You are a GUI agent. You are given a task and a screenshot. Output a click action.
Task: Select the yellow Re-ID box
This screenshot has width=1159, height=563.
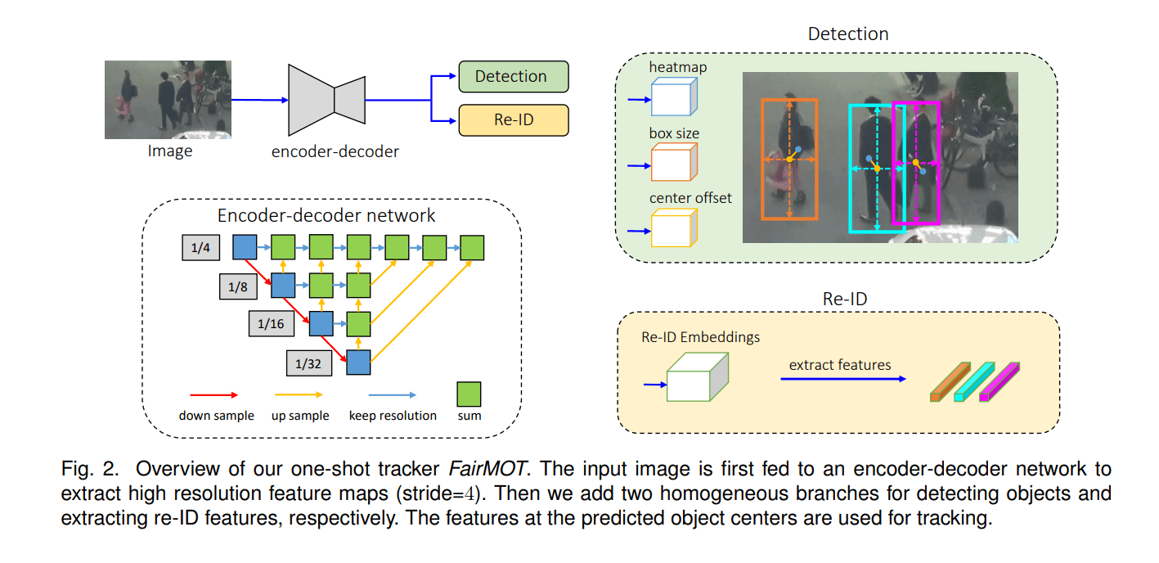click(513, 119)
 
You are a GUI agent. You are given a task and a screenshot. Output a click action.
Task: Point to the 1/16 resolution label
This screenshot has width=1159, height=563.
click(271, 324)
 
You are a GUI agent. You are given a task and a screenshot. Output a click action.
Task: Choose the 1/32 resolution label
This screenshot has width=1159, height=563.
click(308, 363)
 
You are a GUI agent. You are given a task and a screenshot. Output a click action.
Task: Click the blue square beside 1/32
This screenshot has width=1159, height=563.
click(359, 363)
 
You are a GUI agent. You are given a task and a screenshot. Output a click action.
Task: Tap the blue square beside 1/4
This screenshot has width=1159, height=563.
click(245, 246)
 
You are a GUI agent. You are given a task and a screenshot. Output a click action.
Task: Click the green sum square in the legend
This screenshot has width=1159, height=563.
click(469, 394)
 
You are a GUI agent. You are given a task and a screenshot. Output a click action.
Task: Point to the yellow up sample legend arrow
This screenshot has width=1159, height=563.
click(299, 394)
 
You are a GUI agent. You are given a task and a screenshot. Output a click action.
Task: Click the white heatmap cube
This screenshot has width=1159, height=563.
click(672, 97)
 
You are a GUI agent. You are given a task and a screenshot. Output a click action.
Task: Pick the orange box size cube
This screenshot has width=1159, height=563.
click(672, 163)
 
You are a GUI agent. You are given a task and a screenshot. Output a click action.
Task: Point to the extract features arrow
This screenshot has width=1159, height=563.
click(842, 380)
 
